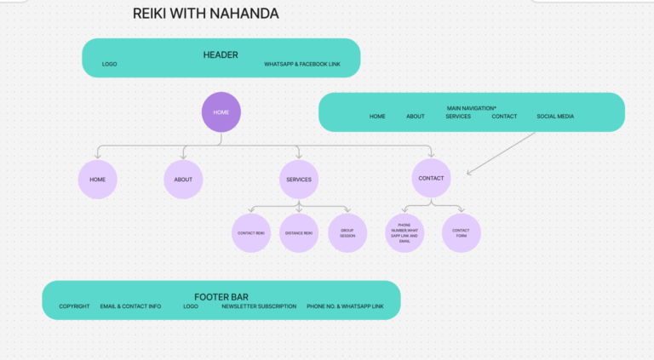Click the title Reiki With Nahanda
point(205,14)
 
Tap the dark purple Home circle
point(221,112)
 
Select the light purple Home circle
point(97,180)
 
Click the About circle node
point(183,180)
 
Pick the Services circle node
point(299,180)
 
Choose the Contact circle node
point(431,179)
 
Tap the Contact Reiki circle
point(251,233)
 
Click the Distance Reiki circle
point(299,233)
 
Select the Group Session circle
point(347,233)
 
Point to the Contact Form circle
point(461,233)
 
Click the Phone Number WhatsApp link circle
point(404,233)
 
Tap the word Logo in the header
point(109,65)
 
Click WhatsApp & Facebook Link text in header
point(302,65)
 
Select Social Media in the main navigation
point(555,117)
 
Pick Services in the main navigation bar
point(458,117)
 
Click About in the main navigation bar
point(416,117)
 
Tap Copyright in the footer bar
point(74,306)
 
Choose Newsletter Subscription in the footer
point(259,306)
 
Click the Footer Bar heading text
point(221,297)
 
